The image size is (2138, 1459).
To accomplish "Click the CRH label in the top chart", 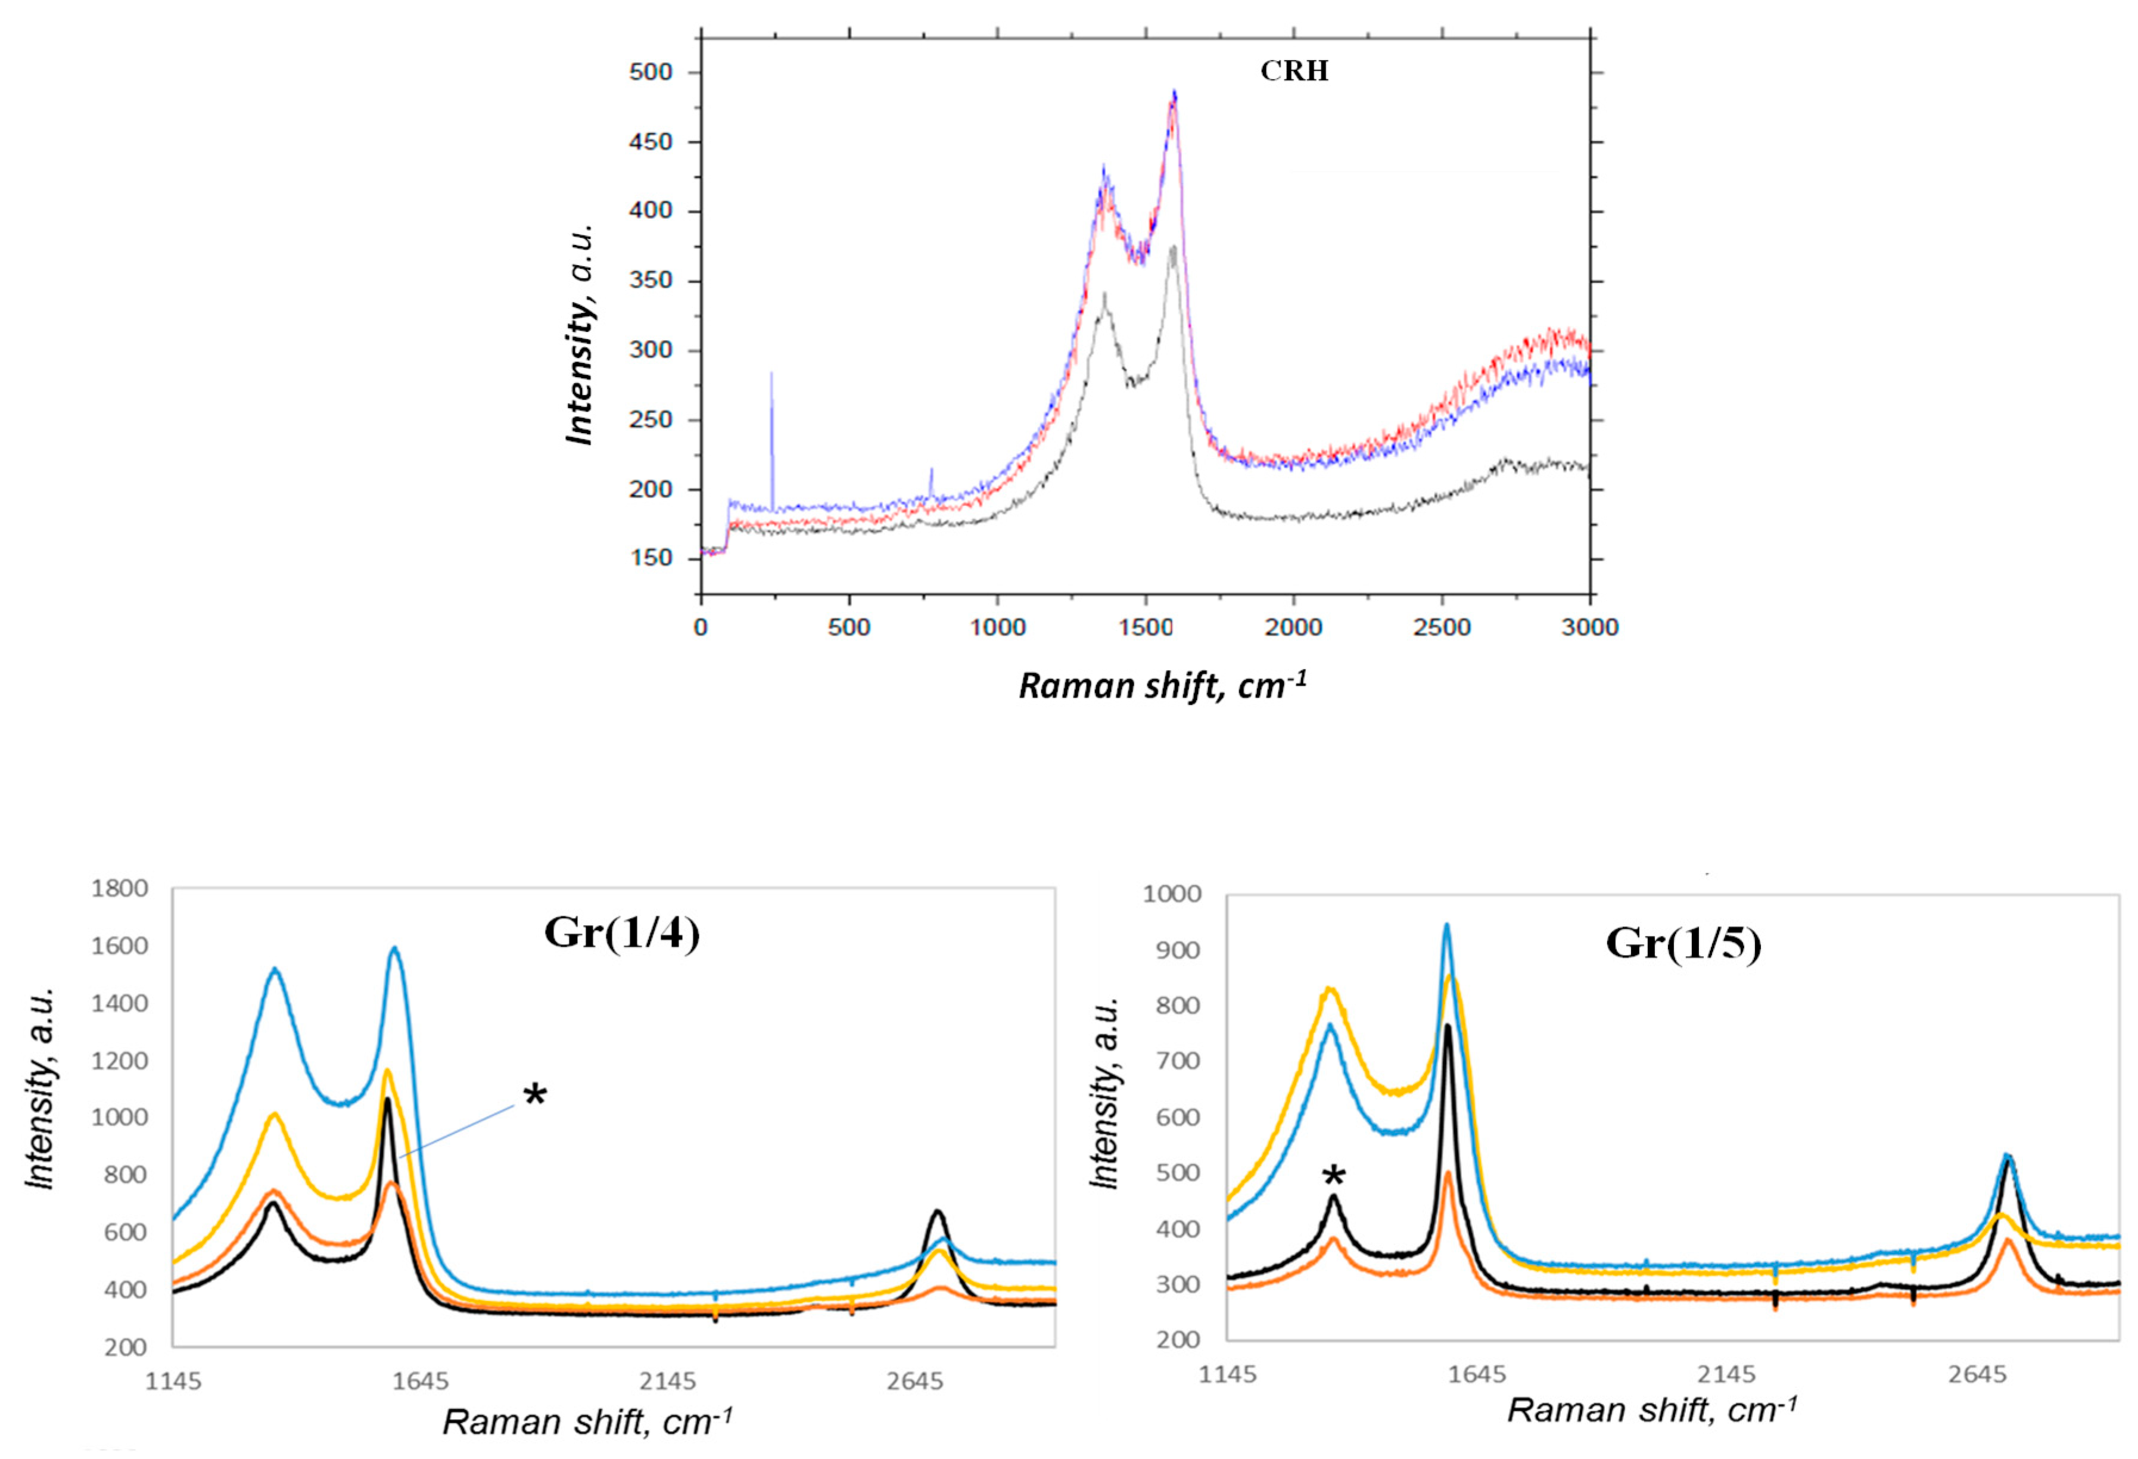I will click(x=1293, y=71).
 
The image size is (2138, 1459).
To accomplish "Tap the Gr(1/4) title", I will click(x=622, y=933).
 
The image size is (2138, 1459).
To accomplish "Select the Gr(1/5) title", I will click(x=1683, y=943).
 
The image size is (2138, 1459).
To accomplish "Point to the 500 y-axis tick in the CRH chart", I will click(x=651, y=71).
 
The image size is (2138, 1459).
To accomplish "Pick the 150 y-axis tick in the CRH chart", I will click(x=651, y=558).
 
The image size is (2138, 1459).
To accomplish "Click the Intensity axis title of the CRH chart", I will click(x=580, y=335).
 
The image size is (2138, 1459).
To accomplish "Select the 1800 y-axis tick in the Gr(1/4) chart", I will click(x=120, y=889).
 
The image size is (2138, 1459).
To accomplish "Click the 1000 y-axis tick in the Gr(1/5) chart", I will click(x=1171, y=893).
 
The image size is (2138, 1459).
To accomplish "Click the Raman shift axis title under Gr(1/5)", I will click(x=1651, y=1410).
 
